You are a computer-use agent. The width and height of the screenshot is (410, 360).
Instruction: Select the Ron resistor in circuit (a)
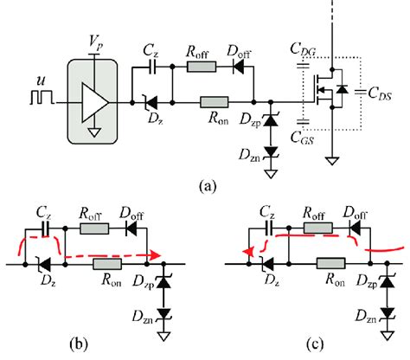point(213,103)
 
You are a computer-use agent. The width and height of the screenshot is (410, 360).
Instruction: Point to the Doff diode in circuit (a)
point(253,65)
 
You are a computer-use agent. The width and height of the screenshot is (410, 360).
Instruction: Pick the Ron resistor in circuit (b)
point(107,264)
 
